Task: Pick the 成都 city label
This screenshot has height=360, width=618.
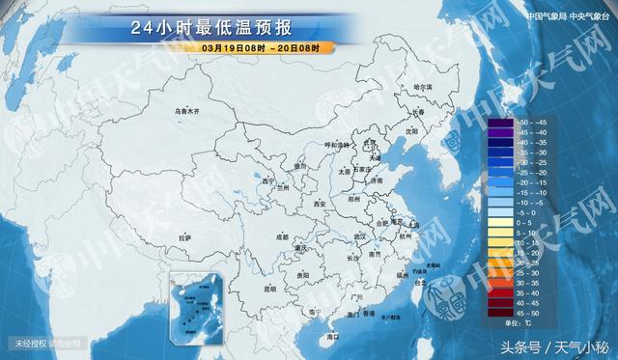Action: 281,235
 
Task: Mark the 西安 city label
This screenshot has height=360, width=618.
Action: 320,204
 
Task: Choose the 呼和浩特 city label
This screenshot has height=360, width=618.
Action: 335,145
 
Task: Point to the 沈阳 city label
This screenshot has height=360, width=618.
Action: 412,129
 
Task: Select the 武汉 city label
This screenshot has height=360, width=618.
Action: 359,235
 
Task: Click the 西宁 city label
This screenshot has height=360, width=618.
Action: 267,180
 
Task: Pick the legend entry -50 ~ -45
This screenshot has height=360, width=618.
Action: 530,123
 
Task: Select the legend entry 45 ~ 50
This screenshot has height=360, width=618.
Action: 530,313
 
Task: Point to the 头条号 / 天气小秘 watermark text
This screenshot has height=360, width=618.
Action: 559,346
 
